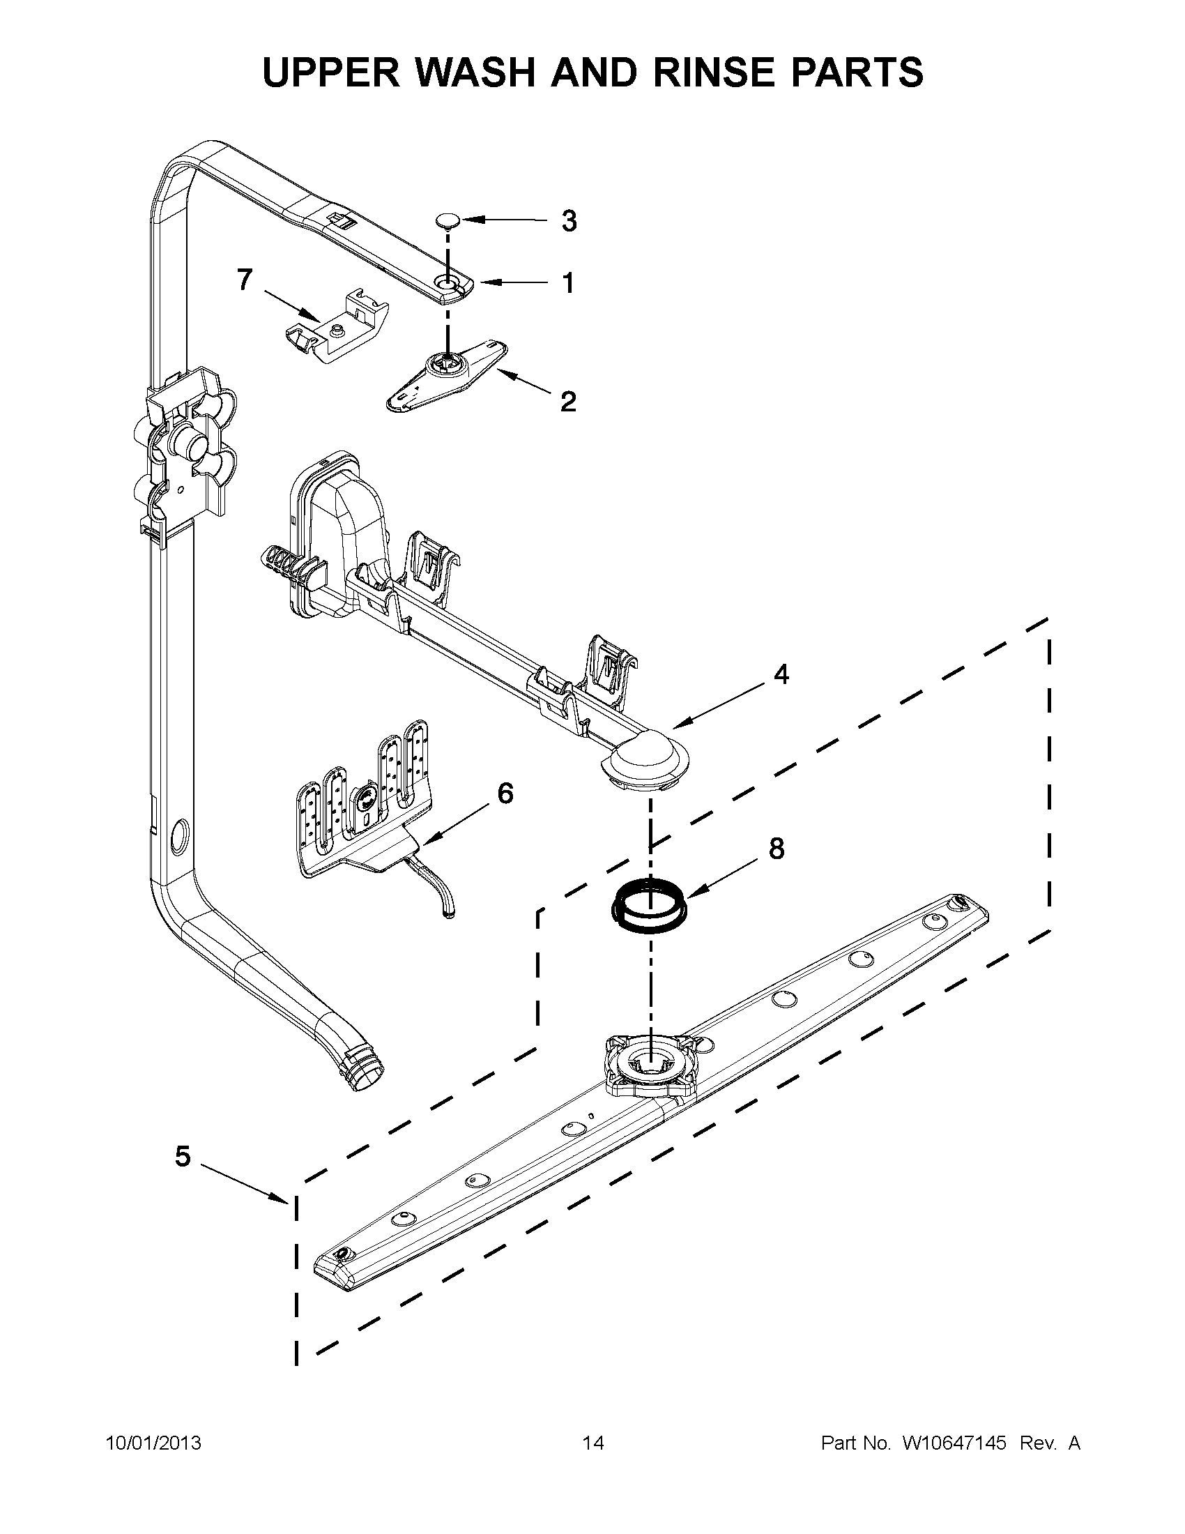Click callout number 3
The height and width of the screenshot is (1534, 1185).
pyautogui.click(x=569, y=220)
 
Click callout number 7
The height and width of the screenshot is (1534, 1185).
pyautogui.click(x=243, y=280)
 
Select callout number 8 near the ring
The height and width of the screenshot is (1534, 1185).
pyautogui.click(x=777, y=849)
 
